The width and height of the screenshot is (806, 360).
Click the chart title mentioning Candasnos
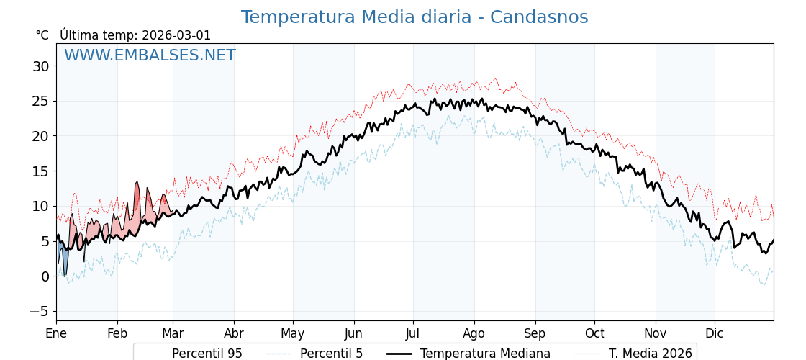tap(414, 17)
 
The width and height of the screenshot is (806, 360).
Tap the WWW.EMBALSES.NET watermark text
tap(150, 55)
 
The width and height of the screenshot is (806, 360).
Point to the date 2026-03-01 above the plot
tap(176, 35)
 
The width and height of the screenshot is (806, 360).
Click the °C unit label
tap(42, 35)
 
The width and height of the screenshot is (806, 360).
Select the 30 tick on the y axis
tap(40, 66)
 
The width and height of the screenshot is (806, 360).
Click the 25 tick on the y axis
tap(40, 102)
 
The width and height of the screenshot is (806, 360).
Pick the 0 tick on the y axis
tap(45, 276)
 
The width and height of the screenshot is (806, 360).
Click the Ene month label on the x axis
tap(56, 333)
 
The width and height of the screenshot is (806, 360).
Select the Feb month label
tap(117, 333)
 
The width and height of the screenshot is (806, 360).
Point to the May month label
tap(293, 333)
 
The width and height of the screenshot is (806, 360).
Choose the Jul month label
tap(413, 333)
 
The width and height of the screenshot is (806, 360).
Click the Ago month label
tap(474, 333)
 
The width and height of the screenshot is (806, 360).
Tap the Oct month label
tap(594, 333)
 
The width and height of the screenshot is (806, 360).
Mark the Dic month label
tap(715, 333)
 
